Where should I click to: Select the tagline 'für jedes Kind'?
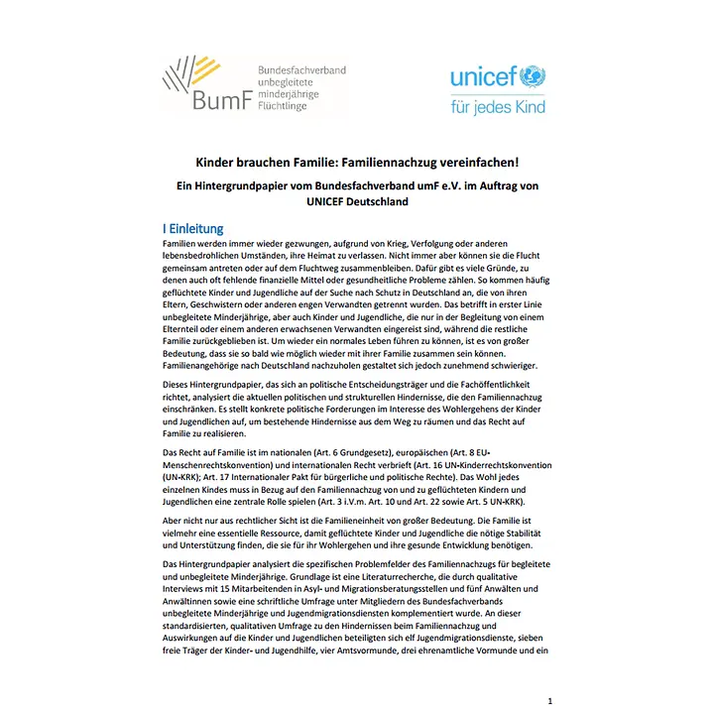click(x=497, y=106)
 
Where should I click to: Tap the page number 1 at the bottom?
click(x=549, y=700)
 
